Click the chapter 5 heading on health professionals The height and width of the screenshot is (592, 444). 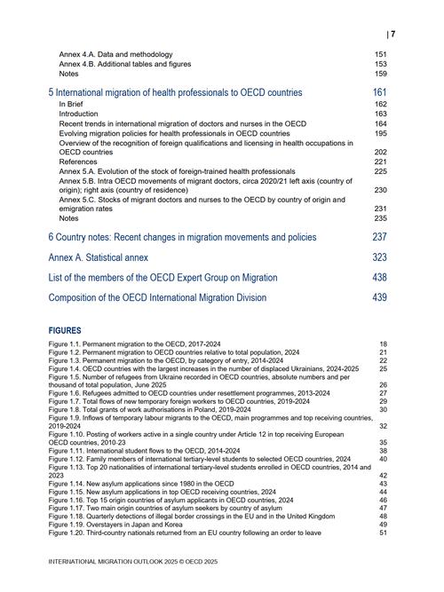(175, 92)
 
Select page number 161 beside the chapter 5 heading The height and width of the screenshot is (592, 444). (379, 92)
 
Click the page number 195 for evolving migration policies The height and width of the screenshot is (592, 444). (380, 133)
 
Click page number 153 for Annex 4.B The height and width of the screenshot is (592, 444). (380, 64)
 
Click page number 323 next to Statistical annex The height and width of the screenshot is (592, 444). (379, 257)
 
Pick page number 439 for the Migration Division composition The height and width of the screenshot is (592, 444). (379, 298)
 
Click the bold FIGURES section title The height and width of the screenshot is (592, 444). (65, 331)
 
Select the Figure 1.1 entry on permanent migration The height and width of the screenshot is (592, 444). (142, 343)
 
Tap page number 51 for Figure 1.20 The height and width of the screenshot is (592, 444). (383, 533)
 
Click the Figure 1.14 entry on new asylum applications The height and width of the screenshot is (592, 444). (141, 483)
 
